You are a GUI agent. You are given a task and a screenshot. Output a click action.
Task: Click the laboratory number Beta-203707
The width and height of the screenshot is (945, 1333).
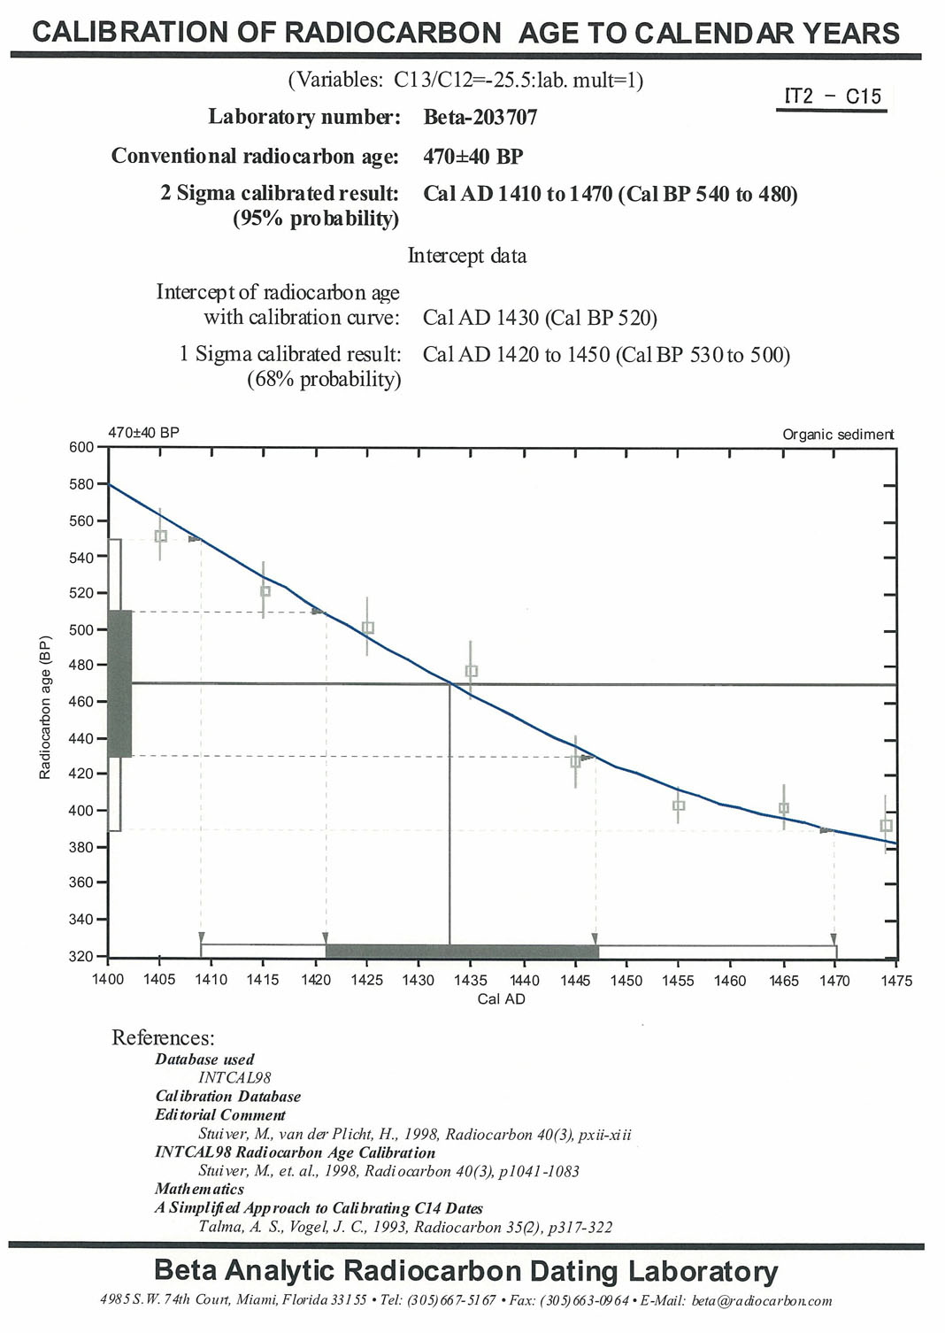[x=480, y=117]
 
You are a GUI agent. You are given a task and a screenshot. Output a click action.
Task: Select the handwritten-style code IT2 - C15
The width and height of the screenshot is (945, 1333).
[x=832, y=96]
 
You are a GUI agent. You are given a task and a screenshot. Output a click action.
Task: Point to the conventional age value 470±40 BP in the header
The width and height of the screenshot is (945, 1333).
[x=472, y=157]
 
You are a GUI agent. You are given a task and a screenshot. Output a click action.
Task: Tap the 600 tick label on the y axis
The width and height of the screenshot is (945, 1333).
[x=81, y=447]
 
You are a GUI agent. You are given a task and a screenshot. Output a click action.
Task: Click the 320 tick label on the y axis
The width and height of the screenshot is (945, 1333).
[x=81, y=957]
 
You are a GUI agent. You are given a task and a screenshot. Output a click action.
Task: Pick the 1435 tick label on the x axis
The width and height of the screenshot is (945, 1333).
[x=471, y=980]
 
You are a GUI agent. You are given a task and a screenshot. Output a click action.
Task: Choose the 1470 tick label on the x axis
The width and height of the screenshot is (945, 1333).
[x=834, y=980]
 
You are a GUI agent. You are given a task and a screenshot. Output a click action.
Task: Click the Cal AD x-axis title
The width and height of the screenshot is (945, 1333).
[x=501, y=998]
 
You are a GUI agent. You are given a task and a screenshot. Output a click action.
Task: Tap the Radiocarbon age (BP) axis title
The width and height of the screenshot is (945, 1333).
[x=45, y=708]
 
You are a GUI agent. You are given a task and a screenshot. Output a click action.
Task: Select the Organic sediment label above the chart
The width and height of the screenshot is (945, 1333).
[x=837, y=435]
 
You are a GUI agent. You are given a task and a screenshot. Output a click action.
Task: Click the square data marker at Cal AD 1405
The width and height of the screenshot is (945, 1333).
[x=160, y=536]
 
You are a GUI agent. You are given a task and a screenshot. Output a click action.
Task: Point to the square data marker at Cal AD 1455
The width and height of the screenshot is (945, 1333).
[x=679, y=805]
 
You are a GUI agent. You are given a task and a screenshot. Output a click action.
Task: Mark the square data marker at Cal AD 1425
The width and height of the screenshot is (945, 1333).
[x=368, y=628]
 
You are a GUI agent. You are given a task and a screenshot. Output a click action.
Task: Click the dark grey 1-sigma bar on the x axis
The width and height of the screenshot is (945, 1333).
[x=462, y=952]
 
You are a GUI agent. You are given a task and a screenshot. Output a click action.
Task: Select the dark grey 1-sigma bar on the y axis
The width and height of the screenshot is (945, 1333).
[x=119, y=683]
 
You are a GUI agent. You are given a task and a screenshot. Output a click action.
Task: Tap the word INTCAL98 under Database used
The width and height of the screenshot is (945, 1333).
[x=234, y=1078]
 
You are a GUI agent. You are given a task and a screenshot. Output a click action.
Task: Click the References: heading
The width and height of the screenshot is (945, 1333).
[x=163, y=1037]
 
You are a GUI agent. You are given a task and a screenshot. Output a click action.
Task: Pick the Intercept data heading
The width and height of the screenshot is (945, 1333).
[x=466, y=256]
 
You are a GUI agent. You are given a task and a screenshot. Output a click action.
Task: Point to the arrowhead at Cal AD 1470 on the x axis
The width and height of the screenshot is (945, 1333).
[x=834, y=938]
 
